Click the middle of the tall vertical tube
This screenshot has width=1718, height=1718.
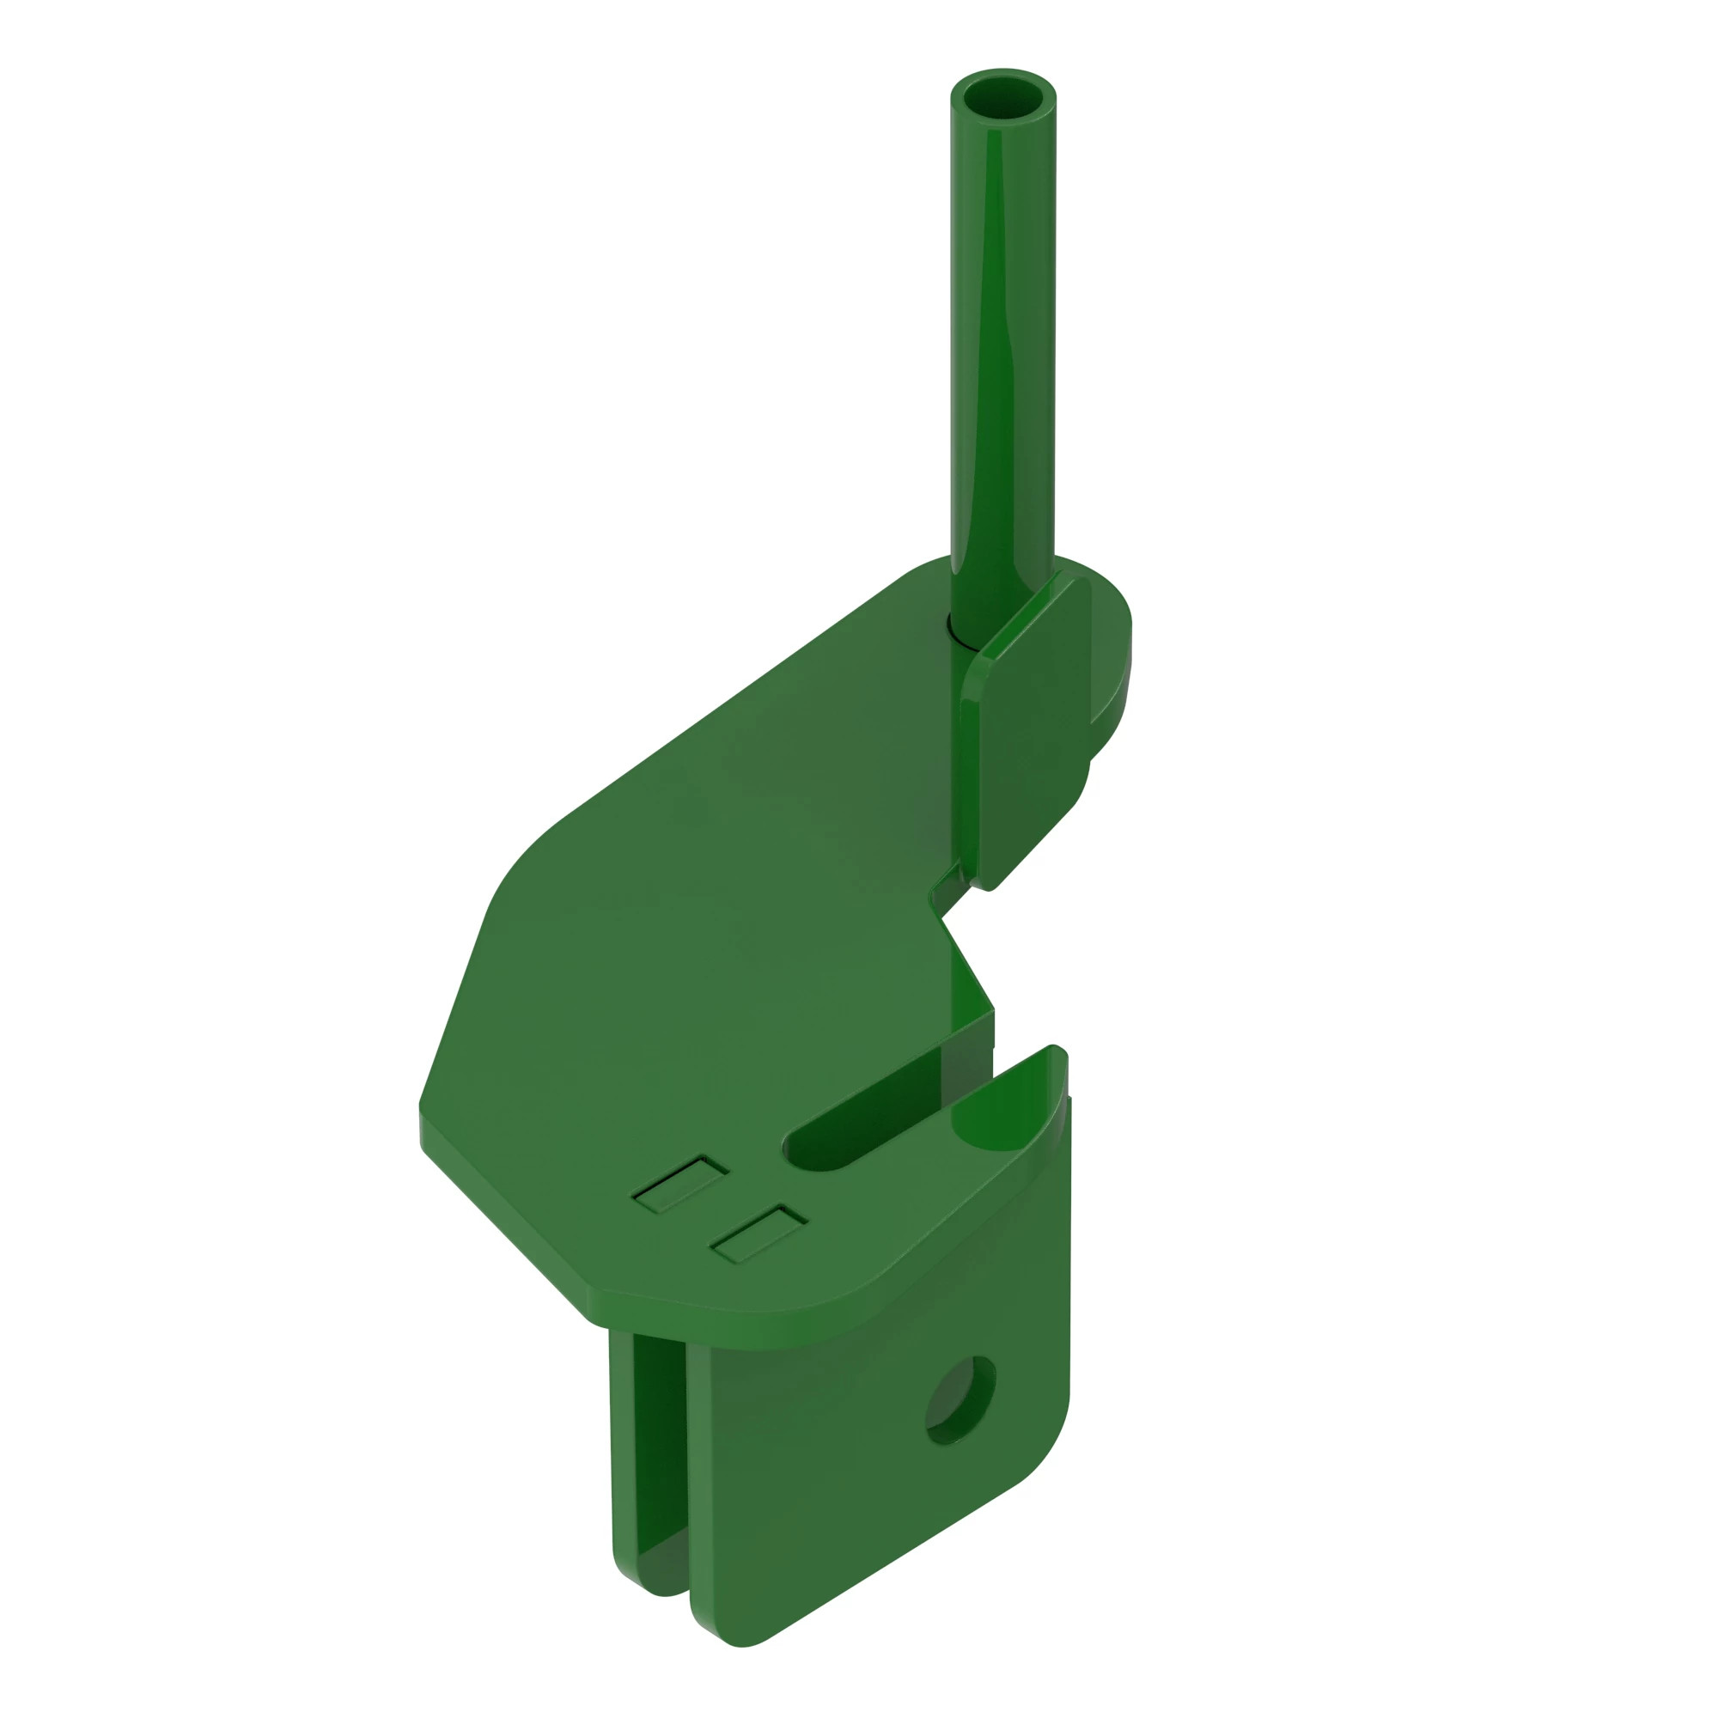tap(1003, 356)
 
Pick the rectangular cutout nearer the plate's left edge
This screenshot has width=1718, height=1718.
tap(680, 1184)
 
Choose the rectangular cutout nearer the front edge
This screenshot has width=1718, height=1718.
tap(758, 1234)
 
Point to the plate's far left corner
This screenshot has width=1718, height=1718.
tap(423, 1112)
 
